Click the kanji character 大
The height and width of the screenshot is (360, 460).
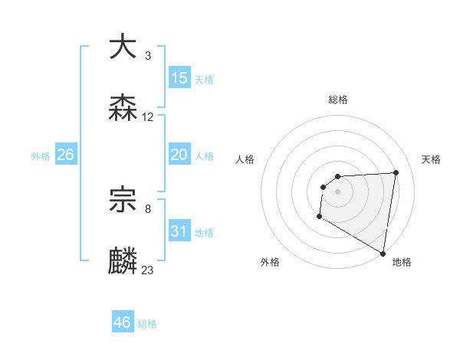123,47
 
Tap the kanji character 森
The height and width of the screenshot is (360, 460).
123,107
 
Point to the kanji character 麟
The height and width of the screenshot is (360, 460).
123,260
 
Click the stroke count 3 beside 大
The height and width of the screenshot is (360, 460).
147,56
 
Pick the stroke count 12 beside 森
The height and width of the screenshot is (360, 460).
148,117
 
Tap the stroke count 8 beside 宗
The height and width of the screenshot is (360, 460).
147,208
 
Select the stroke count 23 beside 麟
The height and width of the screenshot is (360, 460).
148,270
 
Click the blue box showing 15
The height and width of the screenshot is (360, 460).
179,78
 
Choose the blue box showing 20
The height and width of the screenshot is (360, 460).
179,155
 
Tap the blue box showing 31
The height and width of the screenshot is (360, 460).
179,231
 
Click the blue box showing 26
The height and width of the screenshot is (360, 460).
65,155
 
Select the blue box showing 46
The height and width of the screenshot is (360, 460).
122,322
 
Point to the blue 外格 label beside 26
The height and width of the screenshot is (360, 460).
41,156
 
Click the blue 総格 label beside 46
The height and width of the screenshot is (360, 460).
147,324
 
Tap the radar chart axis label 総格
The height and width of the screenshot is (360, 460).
338,100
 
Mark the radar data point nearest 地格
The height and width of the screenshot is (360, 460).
383,254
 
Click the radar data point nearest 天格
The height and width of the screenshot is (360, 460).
396,172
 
